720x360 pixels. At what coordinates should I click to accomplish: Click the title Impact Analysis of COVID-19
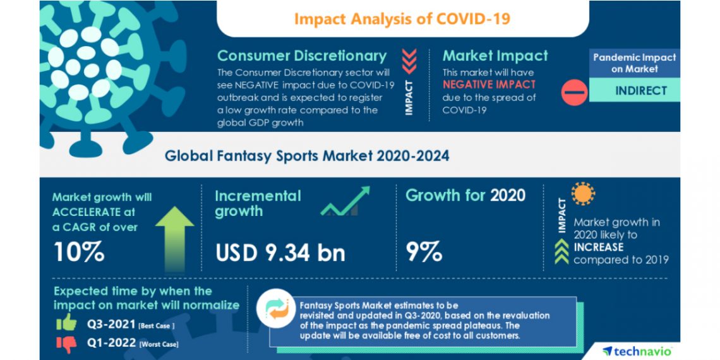point(402,18)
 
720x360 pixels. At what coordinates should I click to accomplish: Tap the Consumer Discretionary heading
point(302,56)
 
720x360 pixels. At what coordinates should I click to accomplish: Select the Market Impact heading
point(495,56)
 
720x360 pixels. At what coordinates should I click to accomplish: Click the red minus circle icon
point(575,93)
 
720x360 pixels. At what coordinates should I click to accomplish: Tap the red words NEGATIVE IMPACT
point(489,84)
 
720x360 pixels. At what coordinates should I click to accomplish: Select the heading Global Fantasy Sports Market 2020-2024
point(307,155)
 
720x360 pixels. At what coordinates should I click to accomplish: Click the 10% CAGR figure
point(79,252)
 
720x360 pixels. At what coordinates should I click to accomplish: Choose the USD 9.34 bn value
point(280,253)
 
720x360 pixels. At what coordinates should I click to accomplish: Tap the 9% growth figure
point(424,252)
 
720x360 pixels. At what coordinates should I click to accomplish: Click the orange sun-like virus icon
point(583,194)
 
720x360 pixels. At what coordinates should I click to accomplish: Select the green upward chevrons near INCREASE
point(561,252)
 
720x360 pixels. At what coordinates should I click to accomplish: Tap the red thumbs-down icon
point(66,343)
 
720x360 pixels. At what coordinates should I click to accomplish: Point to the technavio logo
point(637,351)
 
